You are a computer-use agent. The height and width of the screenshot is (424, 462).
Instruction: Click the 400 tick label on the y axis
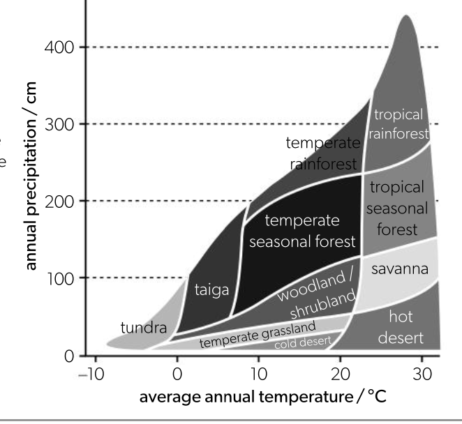click(x=57, y=48)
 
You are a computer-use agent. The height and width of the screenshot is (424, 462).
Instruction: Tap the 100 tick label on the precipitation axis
click(x=57, y=278)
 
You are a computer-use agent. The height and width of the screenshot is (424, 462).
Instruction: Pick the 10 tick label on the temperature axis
click(x=258, y=374)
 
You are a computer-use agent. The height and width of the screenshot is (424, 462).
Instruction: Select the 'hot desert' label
click(x=401, y=327)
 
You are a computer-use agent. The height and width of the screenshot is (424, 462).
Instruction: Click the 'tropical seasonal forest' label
click(x=396, y=208)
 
